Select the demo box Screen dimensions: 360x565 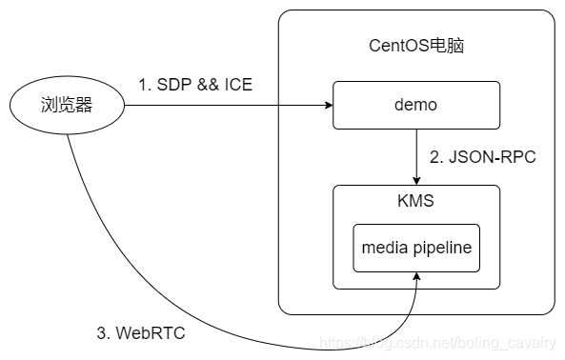pos(415,105)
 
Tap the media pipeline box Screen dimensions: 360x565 pos(415,248)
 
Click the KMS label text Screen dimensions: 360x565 pos(415,202)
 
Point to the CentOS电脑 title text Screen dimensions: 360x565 pos(415,47)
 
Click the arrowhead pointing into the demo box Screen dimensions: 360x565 pos(326,105)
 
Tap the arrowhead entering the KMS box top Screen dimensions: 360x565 pos(415,180)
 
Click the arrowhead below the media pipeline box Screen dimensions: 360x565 pos(415,277)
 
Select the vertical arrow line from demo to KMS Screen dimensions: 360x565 pos(415,152)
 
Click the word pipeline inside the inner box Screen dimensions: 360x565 pos(439,248)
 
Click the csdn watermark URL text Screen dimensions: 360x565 pos(438,340)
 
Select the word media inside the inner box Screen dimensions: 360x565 pos(383,248)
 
